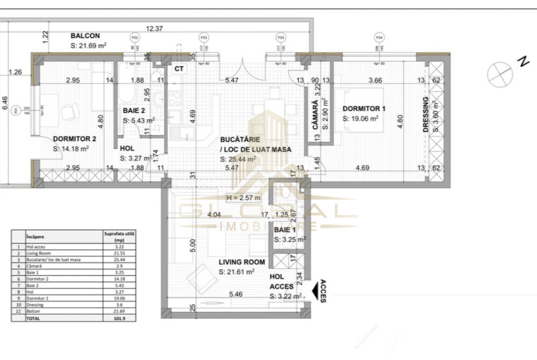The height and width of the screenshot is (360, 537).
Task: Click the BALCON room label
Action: pos(85,36)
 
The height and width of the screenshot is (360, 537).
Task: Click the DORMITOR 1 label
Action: pos(364,108)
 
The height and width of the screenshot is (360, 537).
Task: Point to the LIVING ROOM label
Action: pos(241,262)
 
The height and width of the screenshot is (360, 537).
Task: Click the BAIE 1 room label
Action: pos(285,229)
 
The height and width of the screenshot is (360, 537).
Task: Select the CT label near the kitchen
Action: pos(179,69)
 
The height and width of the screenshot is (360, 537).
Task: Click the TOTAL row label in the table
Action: pos(34,319)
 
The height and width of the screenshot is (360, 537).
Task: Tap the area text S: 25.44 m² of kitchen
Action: pos(238,159)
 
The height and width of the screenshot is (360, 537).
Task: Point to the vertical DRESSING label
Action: pos(426,114)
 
